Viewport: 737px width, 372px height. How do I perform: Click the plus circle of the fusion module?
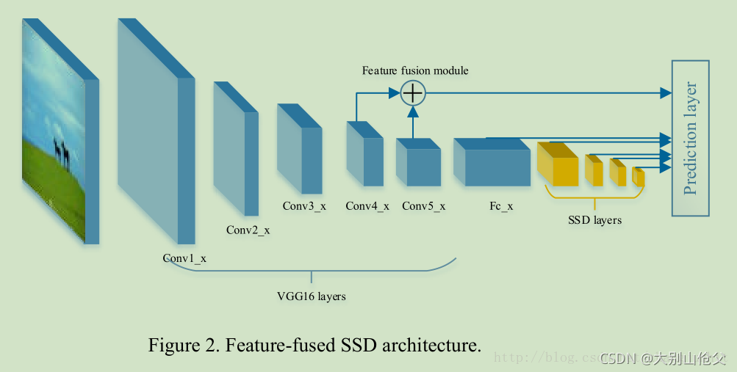pyautogui.click(x=413, y=92)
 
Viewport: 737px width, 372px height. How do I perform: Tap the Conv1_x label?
pyautogui.click(x=184, y=258)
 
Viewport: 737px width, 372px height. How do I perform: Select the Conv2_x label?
pyautogui.click(x=248, y=230)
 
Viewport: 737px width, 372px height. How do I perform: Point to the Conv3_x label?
pyautogui.click(x=303, y=206)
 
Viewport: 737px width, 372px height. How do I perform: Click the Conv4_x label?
pyautogui.click(x=367, y=206)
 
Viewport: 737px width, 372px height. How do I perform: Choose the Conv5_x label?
pyautogui.click(x=424, y=206)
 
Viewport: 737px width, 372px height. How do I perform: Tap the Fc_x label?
pyautogui.click(x=501, y=206)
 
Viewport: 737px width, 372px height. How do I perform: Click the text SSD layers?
pyautogui.click(x=594, y=220)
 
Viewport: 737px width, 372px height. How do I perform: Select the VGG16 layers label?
pyautogui.click(x=312, y=296)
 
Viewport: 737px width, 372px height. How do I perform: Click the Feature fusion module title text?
pyautogui.click(x=415, y=71)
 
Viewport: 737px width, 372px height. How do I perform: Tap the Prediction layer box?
pyautogui.click(x=691, y=138)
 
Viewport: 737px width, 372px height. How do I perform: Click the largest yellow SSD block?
pyautogui.click(x=558, y=166)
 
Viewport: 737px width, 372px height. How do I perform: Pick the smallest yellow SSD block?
pyautogui.click(x=639, y=177)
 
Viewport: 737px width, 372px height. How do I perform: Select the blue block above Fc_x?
pyautogui.click(x=492, y=163)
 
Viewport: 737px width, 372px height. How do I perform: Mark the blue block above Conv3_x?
pyautogui.click(x=300, y=150)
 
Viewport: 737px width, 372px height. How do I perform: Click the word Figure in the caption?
pyautogui.click(x=173, y=345)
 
